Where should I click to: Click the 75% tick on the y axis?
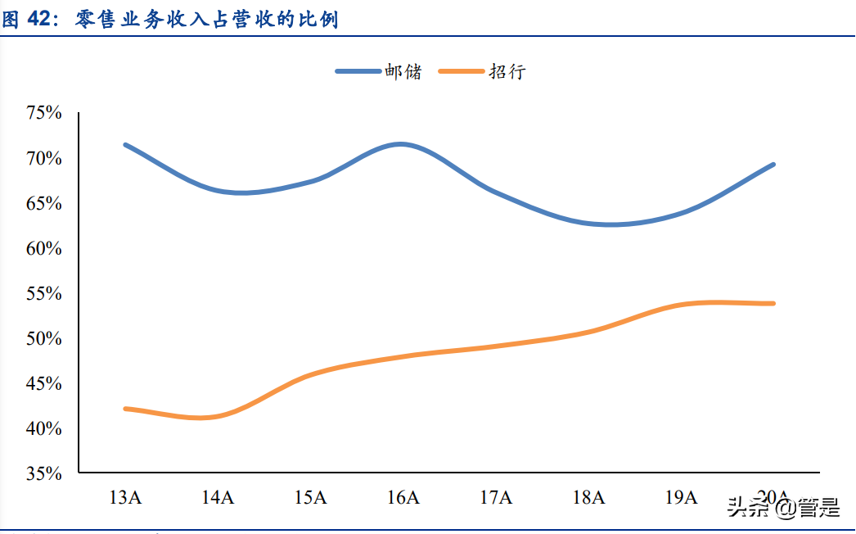click(44, 113)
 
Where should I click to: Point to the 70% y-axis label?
click(44, 158)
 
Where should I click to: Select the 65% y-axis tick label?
click(44, 203)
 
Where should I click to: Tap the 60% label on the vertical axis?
click(44, 248)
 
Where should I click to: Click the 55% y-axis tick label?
click(44, 293)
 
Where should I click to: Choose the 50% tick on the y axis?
click(44, 338)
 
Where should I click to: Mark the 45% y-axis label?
click(44, 383)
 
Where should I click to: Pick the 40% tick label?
click(44, 428)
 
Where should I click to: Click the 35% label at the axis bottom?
click(44, 473)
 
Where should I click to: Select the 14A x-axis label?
click(217, 497)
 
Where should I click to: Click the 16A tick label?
click(403, 497)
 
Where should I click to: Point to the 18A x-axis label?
click(588, 497)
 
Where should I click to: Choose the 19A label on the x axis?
click(680, 497)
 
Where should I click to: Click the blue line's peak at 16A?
click(400, 144)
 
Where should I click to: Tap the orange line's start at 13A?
click(124, 408)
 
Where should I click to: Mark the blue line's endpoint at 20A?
click(773, 165)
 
